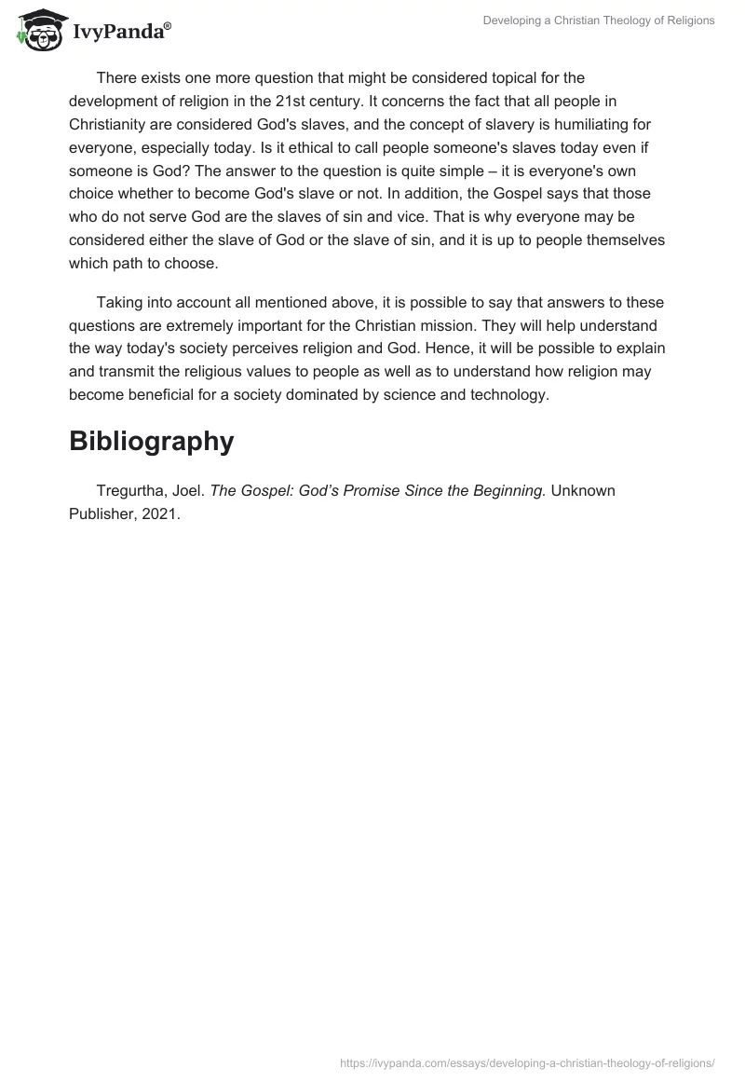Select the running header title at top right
pyautogui.click(x=599, y=21)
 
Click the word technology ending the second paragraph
pyautogui.click(x=510, y=394)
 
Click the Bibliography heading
pyautogui.click(x=151, y=441)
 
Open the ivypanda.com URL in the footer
pyautogui.click(x=527, y=1062)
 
